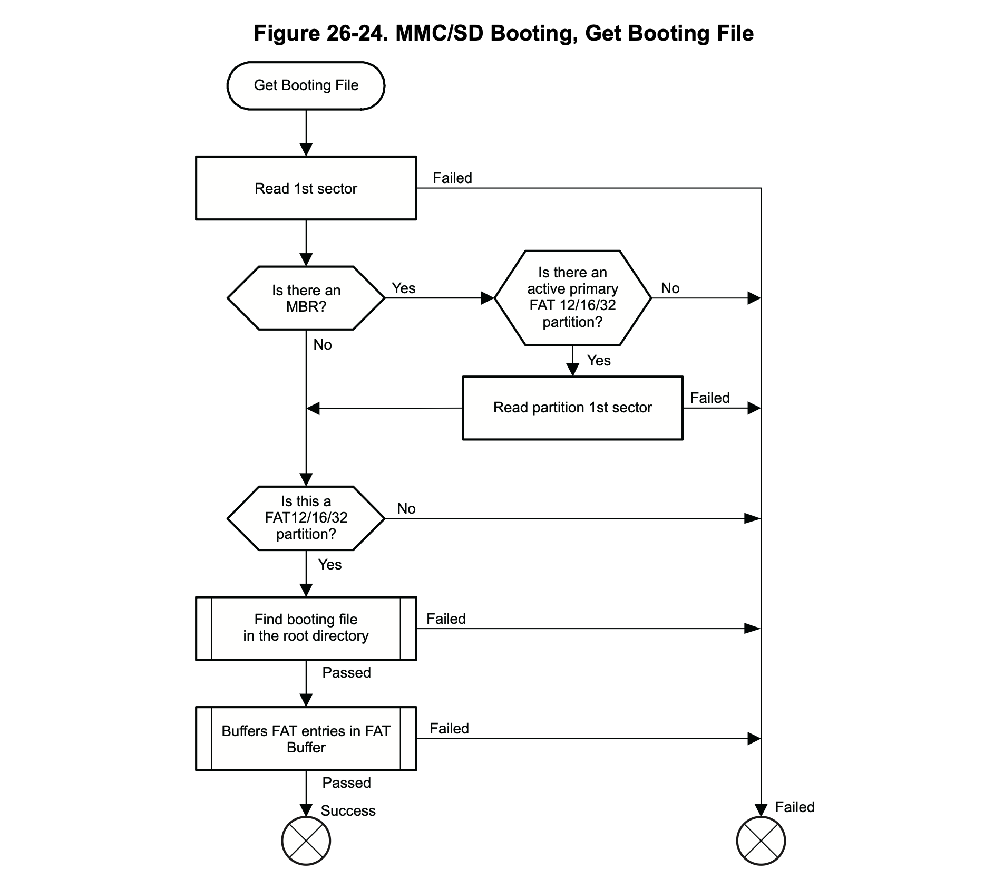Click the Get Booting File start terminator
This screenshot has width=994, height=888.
tap(306, 85)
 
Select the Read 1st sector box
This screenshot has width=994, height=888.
tap(306, 188)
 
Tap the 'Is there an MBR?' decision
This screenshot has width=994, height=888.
tap(306, 298)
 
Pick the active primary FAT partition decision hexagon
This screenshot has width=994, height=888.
tap(572, 298)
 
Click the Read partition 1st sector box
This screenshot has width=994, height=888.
tap(572, 408)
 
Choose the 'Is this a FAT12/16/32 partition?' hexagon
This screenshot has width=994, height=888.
tap(306, 518)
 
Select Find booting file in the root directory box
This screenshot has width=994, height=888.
tap(306, 628)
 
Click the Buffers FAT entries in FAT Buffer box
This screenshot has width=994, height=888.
tap(306, 738)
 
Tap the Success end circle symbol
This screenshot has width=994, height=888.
tap(306, 841)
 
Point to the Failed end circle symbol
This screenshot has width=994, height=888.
tap(761, 841)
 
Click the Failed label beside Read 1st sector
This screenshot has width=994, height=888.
tap(452, 178)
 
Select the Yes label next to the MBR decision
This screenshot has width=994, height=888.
tap(404, 288)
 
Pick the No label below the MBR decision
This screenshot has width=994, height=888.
tap(323, 345)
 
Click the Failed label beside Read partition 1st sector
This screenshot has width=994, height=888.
tap(710, 398)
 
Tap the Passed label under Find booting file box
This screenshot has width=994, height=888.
tap(346, 673)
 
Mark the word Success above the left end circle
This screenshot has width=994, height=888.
tap(348, 811)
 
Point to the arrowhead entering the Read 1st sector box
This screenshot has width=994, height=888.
tap(306, 149)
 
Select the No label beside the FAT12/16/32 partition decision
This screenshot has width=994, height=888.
tap(406, 509)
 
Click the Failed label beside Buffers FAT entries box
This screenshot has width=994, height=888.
tap(449, 729)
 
